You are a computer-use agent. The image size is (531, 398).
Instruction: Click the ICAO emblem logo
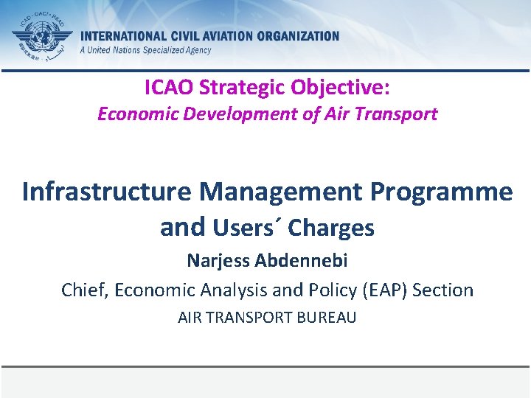[x=42, y=36]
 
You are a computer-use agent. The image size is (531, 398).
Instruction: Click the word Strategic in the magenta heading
[x=245, y=88]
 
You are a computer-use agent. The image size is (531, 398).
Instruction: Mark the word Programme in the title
[x=441, y=192]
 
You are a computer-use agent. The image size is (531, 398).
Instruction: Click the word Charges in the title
[x=331, y=228]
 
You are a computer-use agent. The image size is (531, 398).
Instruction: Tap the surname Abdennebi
[x=306, y=261]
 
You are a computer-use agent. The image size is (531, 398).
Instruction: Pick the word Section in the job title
[x=443, y=290]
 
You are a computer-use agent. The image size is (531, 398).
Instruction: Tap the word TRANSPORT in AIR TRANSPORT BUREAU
[x=247, y=318]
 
